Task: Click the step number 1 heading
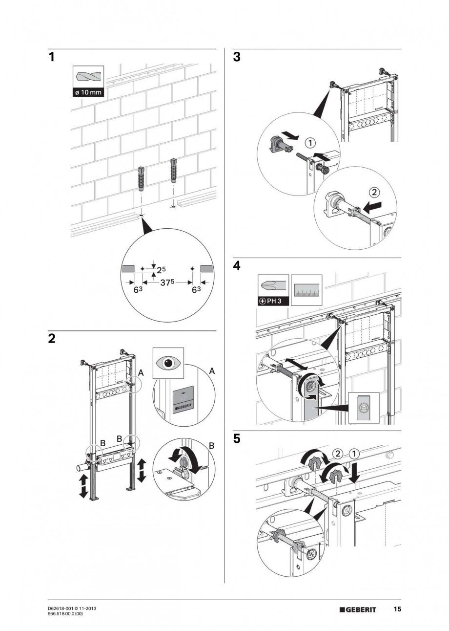tap(51, 58)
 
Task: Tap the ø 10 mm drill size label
tap(88, 92)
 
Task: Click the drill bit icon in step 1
tap(88, 77)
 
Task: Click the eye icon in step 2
tap(168, 363)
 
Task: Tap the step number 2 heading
tap(52, 339)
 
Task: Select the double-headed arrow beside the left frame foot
tap(83, 486)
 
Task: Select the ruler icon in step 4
tap(307, 290)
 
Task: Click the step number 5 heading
tap(237, 439)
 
